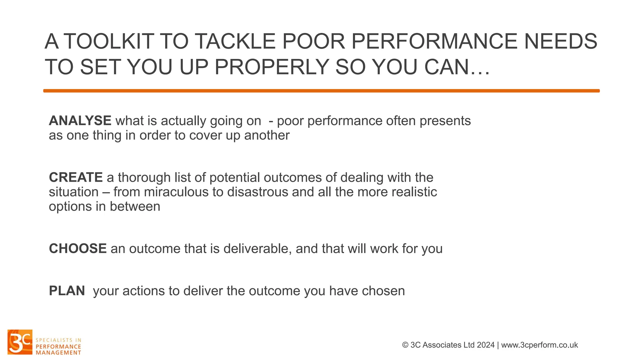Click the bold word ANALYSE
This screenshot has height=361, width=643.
(80, 121)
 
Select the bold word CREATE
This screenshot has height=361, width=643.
(76, 177)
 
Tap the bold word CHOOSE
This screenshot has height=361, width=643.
(78, 249)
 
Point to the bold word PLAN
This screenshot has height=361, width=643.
(67, 291)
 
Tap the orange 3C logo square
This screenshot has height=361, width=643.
(20, 342)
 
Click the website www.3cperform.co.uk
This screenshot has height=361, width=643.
(539, 345)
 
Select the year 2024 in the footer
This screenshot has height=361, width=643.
(485, 345)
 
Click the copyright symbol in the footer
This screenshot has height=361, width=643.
(405, 345)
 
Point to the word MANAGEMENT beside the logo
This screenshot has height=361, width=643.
(58, 353)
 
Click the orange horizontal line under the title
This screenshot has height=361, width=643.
(321, 91)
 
